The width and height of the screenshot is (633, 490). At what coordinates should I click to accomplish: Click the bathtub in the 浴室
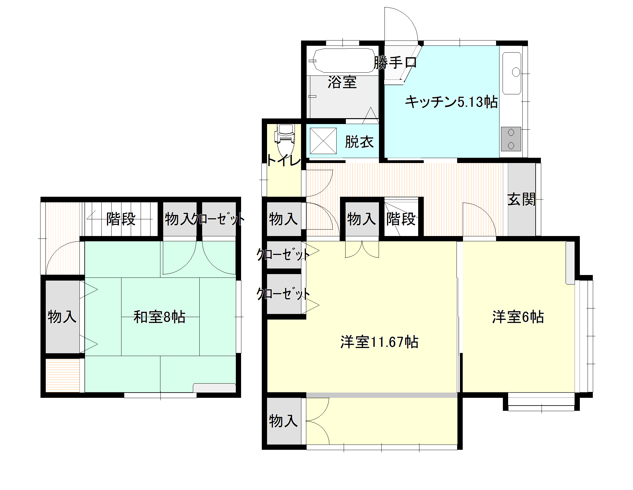343,60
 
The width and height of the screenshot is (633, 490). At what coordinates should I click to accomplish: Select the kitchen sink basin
512,73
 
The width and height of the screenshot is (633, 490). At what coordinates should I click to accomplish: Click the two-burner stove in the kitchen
511,139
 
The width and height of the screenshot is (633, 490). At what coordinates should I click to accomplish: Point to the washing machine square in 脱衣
323,141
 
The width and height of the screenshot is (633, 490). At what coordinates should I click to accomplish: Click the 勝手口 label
395,62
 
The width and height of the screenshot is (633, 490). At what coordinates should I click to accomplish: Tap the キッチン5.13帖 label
451,102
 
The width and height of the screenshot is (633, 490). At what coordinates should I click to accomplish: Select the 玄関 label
521,200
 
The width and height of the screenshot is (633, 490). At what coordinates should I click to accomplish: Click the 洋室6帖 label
518,317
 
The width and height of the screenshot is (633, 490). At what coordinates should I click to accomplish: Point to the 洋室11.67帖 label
380,342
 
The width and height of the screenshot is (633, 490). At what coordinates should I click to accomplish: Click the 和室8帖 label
159,317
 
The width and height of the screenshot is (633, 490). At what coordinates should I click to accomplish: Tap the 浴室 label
342,82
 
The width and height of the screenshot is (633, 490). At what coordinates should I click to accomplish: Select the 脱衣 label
359,142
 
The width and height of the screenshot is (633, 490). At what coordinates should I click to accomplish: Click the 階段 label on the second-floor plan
121,219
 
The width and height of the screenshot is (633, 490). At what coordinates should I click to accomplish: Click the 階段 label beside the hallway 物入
401,219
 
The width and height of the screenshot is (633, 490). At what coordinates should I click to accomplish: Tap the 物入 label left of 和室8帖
62,317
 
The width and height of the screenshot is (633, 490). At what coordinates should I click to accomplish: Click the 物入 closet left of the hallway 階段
361,219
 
